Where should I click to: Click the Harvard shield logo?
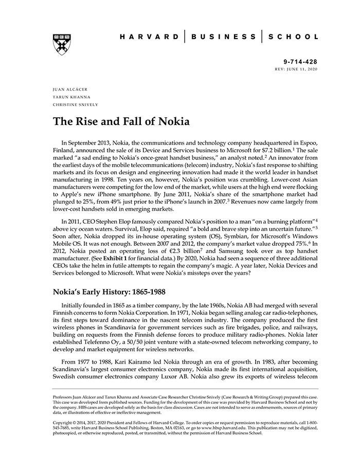pos(62,45)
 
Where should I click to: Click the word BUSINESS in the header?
pos(223,37)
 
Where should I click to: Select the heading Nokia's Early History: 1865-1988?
pos(109,292)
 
